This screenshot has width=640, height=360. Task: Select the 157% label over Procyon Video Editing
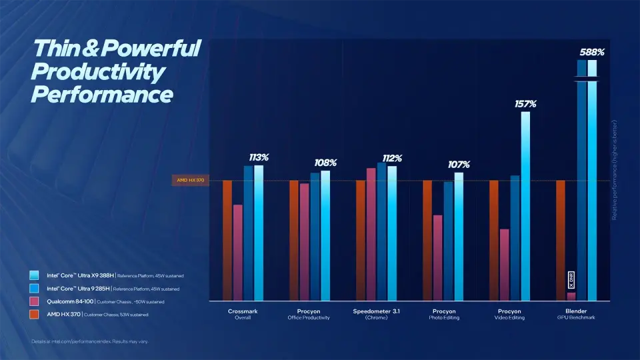point(525,104)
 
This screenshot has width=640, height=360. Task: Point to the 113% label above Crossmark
point(258,157)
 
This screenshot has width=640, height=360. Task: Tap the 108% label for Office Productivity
point(325,163)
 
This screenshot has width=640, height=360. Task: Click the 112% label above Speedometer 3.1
point(391,158)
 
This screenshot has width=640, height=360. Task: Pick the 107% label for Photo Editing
point(459,165)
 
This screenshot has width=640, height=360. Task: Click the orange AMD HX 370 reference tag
point(190,180)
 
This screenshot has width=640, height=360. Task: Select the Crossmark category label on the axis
point(243,311)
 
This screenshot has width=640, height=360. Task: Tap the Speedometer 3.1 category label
point(376,311)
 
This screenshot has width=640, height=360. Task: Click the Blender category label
point(576,311)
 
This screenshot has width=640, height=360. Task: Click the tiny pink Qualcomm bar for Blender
point(571,296)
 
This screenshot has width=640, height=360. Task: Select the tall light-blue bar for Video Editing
point(525,206)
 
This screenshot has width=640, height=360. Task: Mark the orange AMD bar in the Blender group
point(561,240)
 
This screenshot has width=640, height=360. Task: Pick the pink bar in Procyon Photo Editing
point(437,257)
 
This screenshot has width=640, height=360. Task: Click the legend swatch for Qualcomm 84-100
point(34,301)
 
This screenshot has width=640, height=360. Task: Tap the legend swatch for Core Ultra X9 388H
point(34,275)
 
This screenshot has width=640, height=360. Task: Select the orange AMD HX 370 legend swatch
point(34,314)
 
